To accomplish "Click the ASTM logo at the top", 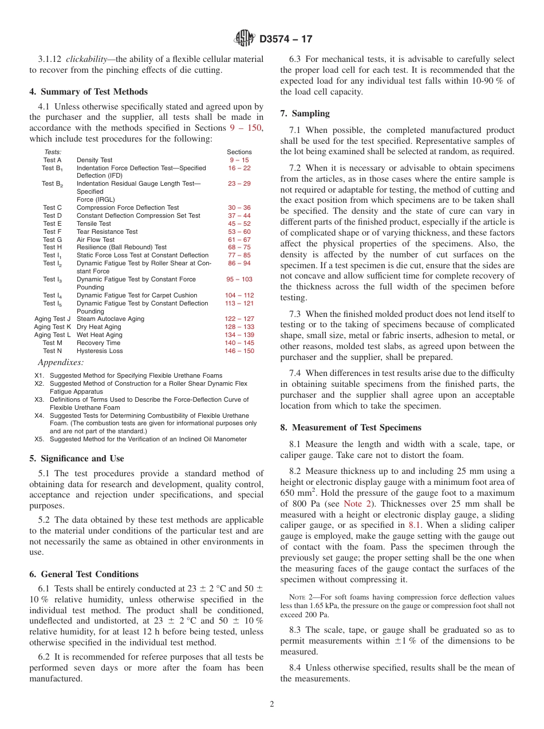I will [x=245, y=39].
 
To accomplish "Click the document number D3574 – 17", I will [x=286, y=40].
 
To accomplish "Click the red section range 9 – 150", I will [x=246, y=128].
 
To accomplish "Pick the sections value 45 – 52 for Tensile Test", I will [x=239, y=224].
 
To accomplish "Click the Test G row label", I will [x=52, y=240].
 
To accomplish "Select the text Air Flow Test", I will [x=96, y=240].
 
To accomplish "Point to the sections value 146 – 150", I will [x=239, y=351].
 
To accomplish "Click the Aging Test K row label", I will [x=52, y=327].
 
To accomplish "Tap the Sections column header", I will [x=239, y=152].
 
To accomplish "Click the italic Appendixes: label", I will [x=61, y=362].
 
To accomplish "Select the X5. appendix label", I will [x=39, y=439].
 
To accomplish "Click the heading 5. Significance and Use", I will [x=76, y=458].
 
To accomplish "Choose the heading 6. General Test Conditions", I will [x=84, y=574].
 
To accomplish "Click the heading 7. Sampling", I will [x=305, y=113].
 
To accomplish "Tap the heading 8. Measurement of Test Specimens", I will [x=350, y=428].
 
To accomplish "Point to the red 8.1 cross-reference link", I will [x=415, y=525].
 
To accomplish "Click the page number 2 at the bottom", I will [x=272, y=704].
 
